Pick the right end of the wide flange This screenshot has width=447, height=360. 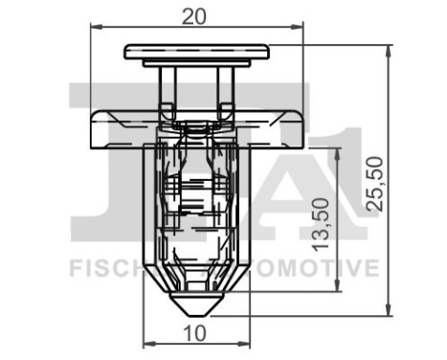coord(304,128)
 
